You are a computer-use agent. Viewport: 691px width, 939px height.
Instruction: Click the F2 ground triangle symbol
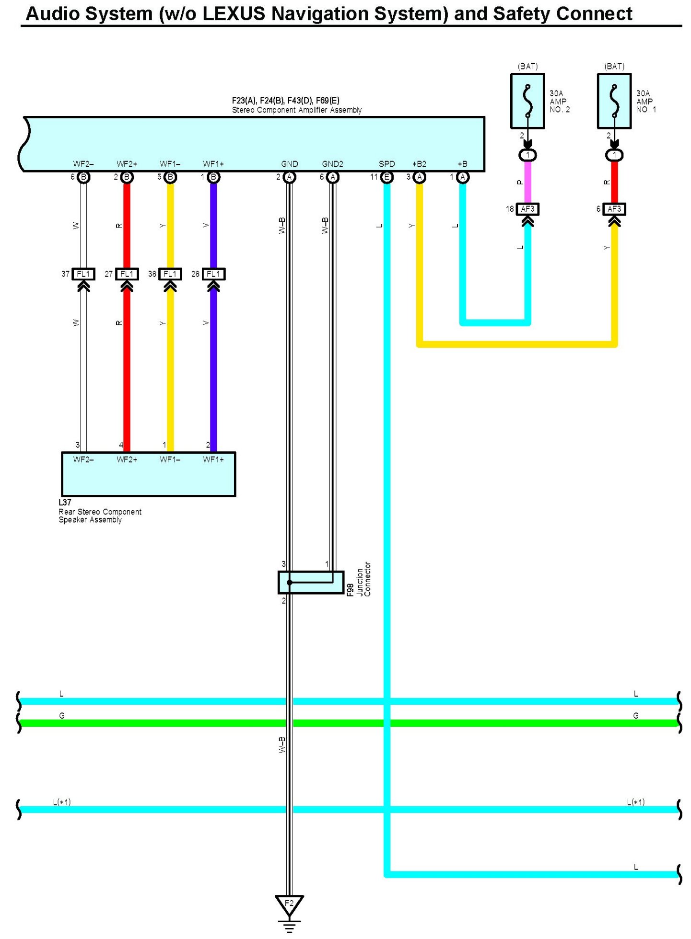(289, 905)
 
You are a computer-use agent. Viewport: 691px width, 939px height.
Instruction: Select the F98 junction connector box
(311, 582)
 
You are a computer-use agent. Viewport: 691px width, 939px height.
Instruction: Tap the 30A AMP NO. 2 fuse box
(527, 101)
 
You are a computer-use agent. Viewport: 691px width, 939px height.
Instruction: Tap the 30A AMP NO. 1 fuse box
(614, 101)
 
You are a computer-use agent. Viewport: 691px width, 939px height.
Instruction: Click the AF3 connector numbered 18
(527, 209)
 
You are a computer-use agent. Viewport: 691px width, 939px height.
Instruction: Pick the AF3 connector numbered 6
(614, 209)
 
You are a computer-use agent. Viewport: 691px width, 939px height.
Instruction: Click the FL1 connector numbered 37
(83, 274)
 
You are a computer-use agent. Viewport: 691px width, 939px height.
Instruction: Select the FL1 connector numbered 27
(127, 274)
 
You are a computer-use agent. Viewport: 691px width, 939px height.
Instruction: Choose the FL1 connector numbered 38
(170, 274)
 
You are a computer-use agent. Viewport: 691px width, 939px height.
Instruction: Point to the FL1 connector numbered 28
(213, 274)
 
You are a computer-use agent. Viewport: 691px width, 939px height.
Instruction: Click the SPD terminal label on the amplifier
(386, 164)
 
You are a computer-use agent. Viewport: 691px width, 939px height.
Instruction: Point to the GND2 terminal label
(332, 164)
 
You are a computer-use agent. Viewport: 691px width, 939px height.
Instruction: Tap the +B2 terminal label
(419, 164)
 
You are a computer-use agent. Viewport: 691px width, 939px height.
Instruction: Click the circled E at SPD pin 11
(386, 177)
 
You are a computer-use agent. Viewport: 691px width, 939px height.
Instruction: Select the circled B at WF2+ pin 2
(127, 177)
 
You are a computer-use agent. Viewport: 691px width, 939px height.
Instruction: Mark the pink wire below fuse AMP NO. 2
(527, 182)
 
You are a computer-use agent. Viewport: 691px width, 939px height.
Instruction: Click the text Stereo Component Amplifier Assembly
(297, 110)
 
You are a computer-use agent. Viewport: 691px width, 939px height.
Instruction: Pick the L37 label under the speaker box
(65, 503)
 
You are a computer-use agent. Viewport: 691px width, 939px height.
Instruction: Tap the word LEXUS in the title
(234, 14)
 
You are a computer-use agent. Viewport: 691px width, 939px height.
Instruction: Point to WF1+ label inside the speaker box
(213, 459)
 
